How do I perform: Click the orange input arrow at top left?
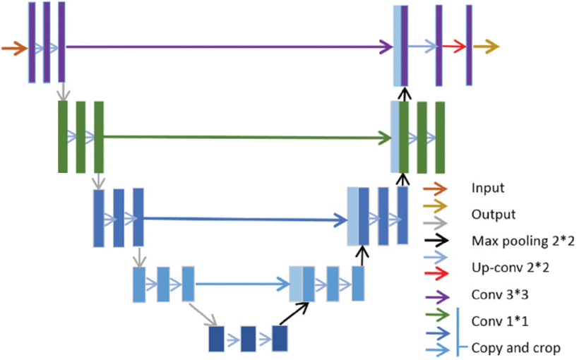point(13,48)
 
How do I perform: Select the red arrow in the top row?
point(455,47)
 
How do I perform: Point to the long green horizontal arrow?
point(247,138)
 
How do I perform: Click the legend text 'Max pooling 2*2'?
point(523,241)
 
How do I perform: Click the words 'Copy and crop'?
point(515,347)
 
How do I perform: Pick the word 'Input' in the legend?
point(488,188)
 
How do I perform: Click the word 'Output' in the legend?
point(493,214)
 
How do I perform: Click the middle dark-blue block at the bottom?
point(249,339)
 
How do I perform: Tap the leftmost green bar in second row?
point(63,137)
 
